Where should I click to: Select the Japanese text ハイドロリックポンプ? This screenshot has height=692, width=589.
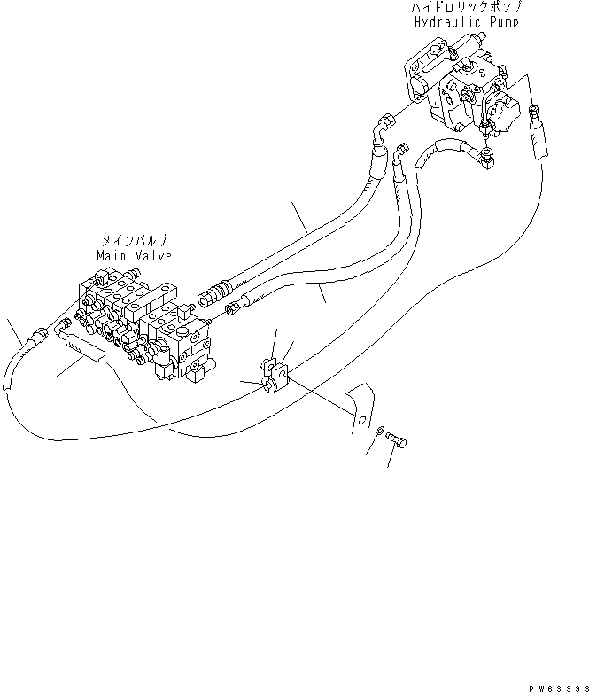pyautogui.click(x=463, y=7)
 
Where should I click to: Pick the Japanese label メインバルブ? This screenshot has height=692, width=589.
pyautogui.click(x=132, y=241)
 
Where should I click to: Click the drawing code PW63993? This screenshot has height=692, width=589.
pyautogui.click(x=553, y=685)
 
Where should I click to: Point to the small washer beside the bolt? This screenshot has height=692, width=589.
pyautogui.click(x=378, y=432)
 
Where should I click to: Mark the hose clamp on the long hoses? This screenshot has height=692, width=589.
pyautogui.click(x=274, y=373)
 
